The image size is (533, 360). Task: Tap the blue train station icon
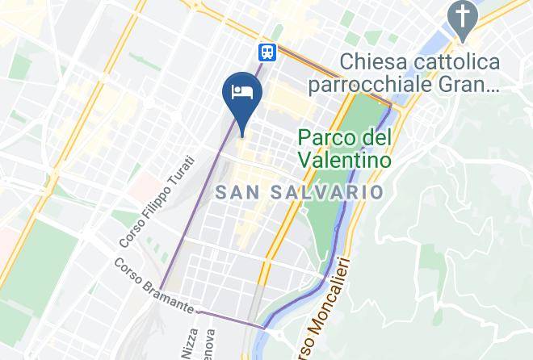266,52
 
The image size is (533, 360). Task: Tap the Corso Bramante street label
153,285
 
